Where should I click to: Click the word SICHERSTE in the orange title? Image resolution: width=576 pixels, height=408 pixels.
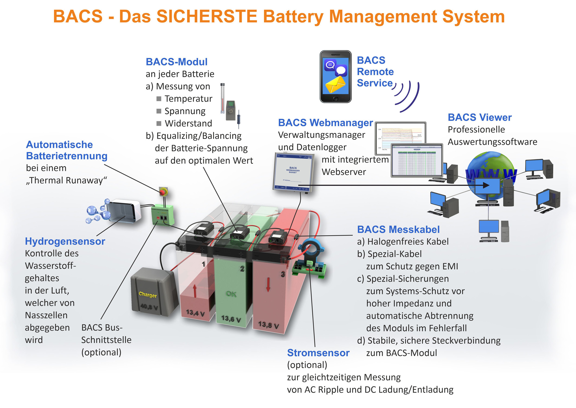[207, 16]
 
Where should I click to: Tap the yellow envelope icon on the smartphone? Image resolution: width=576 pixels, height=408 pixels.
[335, 85]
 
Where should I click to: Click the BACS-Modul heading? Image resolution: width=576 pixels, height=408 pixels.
[176, 62]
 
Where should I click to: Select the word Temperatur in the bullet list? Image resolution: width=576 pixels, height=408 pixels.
[188, 99]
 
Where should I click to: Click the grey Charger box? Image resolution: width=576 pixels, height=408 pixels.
[152, 291]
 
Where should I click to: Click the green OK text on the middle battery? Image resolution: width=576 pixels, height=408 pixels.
[231, 294]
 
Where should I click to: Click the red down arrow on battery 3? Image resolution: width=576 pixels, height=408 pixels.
[268, 284]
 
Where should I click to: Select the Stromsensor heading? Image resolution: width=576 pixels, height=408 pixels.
[318, 353]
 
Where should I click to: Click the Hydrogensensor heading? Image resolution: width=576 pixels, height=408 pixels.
[65, 241]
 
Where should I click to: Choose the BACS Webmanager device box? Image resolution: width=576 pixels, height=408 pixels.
[293, 172]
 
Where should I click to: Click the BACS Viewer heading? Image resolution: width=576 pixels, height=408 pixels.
[480, 117]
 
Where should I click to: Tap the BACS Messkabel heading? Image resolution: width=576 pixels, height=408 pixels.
[398, 229]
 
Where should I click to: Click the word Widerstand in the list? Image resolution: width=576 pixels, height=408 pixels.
[188, 123]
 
